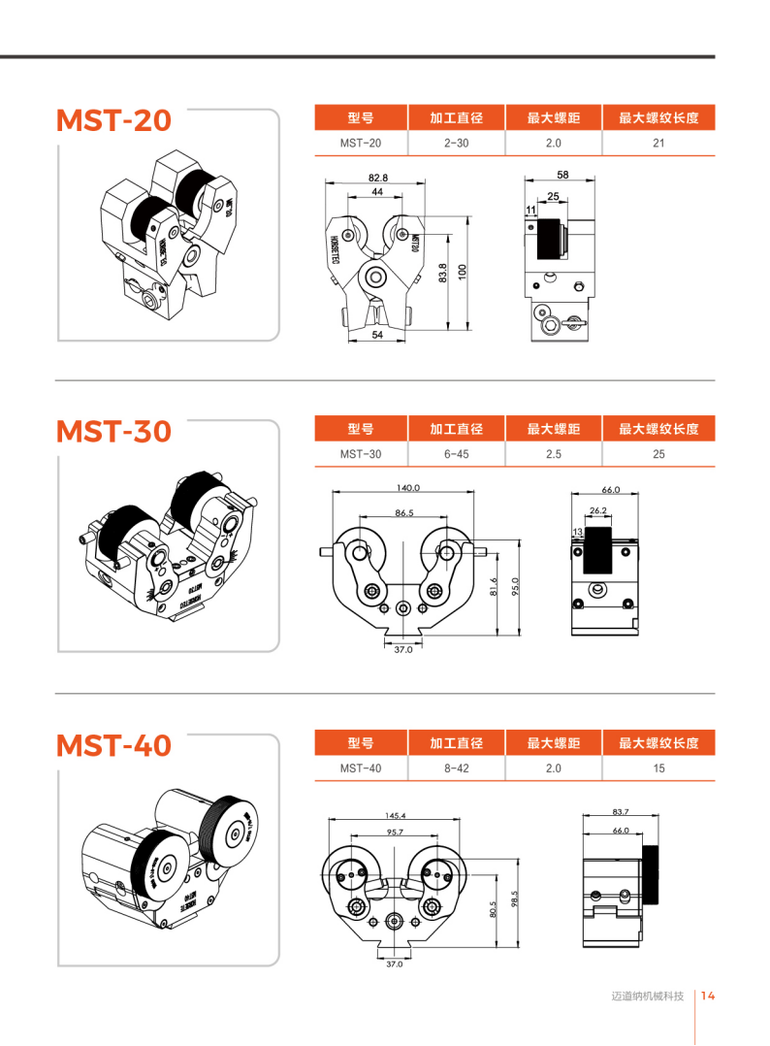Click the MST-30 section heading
click(x=113, y=431)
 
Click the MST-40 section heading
click(x=113, y=745)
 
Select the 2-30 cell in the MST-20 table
click(x=456, y=144)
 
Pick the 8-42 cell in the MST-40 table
click(x=456, y=768)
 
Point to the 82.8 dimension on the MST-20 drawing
click(x=377, y=178)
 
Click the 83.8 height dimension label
click(x=441, y=275)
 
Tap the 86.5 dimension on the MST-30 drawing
click(x=404, y=512)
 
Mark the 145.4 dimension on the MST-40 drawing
click(x=395, y=816)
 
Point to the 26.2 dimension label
click(x=598, y=510)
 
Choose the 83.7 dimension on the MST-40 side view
click(x=621, y=811)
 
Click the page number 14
click(x=708, y=996)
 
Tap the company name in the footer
click(x=648, y=997)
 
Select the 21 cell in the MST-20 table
click(x=658, y=144)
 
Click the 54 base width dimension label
click(x=376, y=335)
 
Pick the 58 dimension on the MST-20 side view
click(x=562, y=175)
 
